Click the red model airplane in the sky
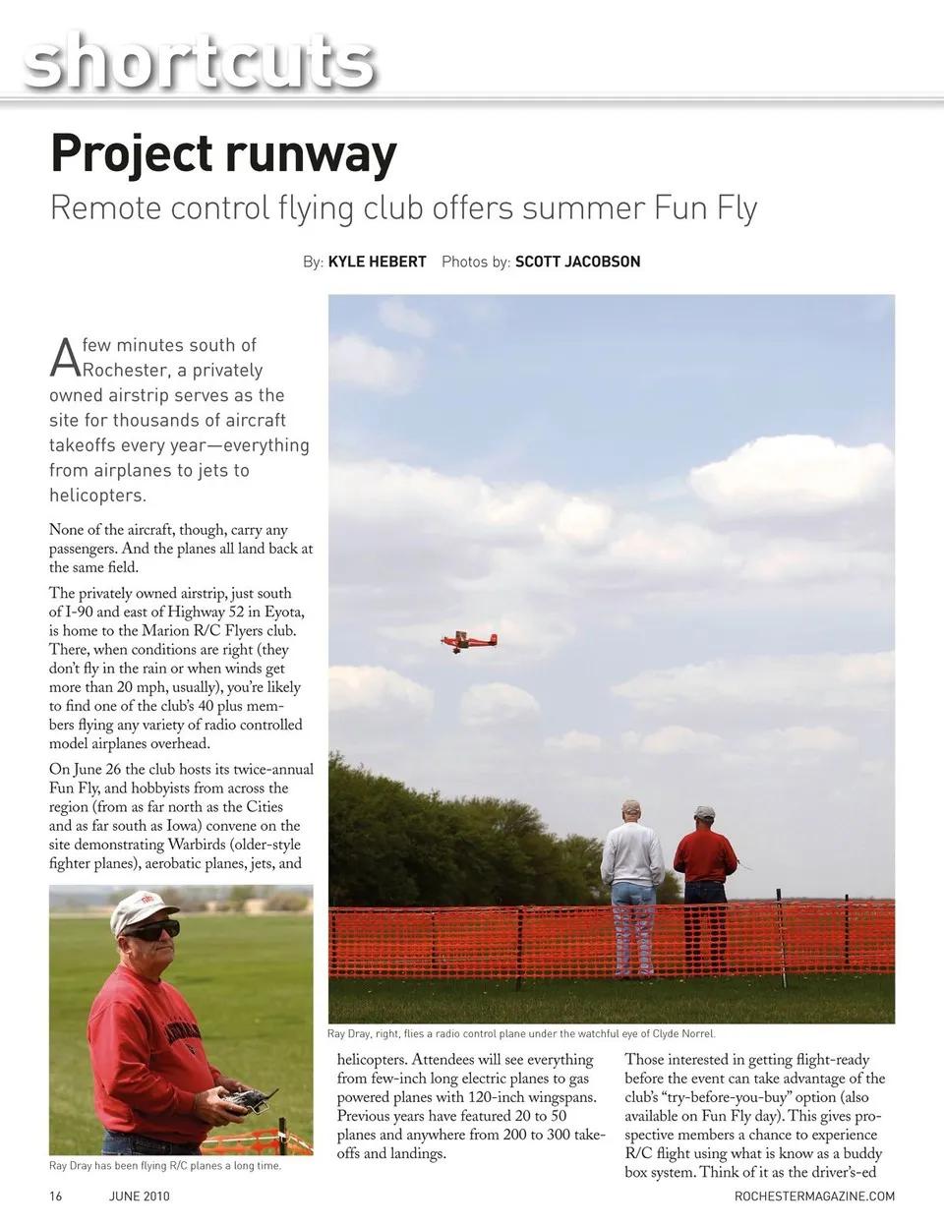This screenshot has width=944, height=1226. point(469,642)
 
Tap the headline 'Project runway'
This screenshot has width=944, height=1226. point(223,153)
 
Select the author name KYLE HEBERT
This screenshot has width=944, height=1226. point(377,262)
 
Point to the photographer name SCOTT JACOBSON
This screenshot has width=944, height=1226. point(577,262)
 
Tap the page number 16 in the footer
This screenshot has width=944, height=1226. point(56,1196)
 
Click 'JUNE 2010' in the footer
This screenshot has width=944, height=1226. point(139,1196)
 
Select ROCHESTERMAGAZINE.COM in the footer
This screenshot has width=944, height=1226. point(814,1196)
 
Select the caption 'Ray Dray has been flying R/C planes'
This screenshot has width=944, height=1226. point(165,1166)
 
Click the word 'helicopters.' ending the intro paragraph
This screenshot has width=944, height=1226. point(97,496)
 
